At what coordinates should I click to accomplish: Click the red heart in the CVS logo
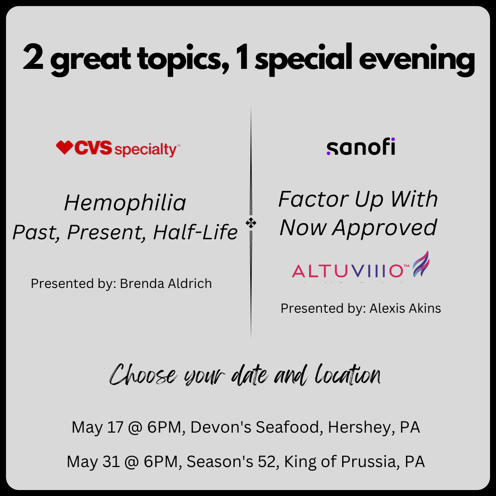coord(64,147)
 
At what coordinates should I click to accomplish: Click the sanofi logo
coord(361,147)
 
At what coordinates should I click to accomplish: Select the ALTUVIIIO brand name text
coord(347,271)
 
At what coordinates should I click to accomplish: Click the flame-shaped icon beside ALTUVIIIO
coord(421,265)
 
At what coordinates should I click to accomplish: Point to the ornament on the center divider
coord(251,224)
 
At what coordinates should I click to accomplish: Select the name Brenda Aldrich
coord(166,284)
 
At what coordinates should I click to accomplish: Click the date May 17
coord(94,428)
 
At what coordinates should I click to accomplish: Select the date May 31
coord(90,461)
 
